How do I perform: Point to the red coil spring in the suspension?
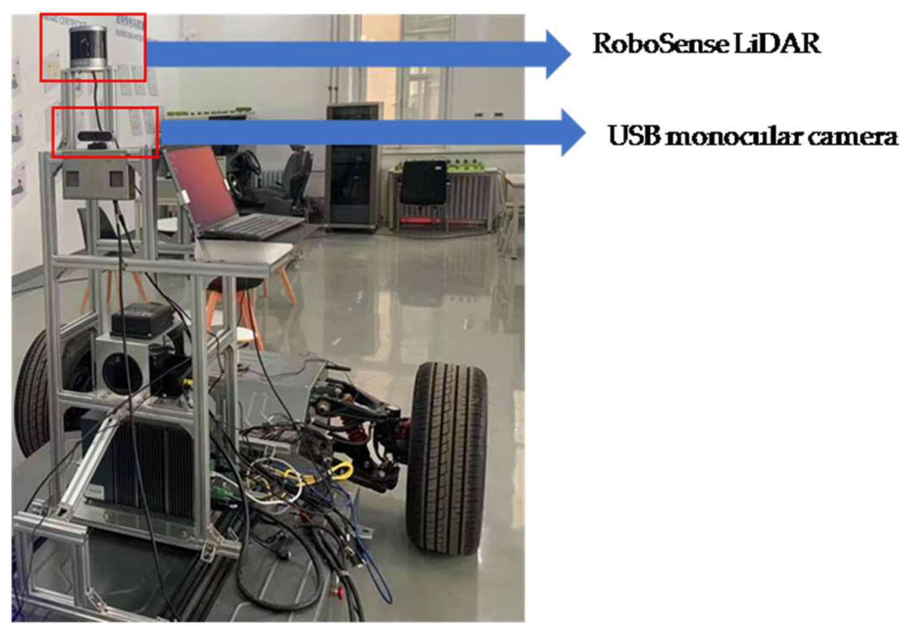357,432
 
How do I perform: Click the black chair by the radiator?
423,184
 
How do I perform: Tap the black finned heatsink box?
150,470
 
